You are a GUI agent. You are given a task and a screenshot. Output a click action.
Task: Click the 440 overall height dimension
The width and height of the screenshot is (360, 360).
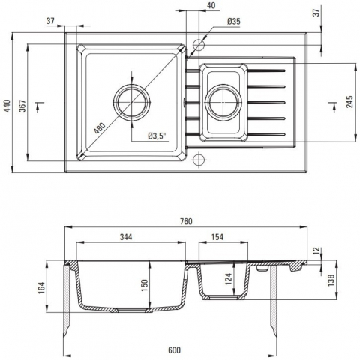(7, 105)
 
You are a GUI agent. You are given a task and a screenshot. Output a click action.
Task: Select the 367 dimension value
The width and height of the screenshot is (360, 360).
(22, 105)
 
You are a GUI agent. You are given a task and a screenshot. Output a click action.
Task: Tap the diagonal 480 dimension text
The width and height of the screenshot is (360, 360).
(100, 128)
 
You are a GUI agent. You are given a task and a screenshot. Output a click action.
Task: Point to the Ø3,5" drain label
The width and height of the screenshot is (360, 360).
(157, 136)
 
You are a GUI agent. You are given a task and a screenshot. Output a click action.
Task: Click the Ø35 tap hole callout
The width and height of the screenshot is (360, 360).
(234, 22)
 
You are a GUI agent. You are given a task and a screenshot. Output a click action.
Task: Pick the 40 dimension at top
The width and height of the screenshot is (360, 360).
(211, 5)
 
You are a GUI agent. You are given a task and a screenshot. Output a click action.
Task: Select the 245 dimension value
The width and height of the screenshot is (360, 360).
(349, 101)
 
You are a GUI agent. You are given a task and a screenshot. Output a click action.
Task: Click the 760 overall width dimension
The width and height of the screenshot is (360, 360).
(186, 221)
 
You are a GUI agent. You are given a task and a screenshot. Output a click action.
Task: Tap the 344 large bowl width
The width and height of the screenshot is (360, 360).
(126, 236)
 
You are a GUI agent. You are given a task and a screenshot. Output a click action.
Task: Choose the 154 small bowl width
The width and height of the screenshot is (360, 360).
(217, 236)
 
